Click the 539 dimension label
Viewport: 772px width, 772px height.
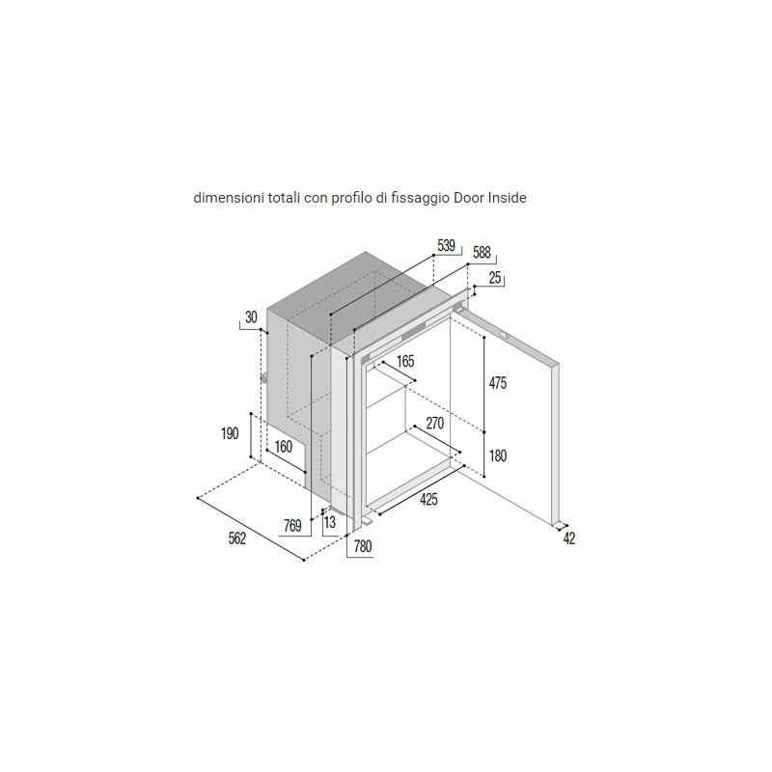(x=446, y=246)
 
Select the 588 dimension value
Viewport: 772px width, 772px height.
(x=482, y=253)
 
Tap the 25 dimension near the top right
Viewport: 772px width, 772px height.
(x=495, y=278)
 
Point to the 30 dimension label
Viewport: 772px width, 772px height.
(x=251, y=317)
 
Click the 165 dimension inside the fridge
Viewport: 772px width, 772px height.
(x=405, y=361)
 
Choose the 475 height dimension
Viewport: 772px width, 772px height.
(x=498, y=382)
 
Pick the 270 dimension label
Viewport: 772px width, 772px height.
(x=435, y=423)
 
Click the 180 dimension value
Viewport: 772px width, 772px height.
(x=498, y=455)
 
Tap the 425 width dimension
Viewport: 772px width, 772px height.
(x=428, y=499)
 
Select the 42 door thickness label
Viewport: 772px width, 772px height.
(x=569, y=538)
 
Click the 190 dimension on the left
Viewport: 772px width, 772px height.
(x=230, y=433)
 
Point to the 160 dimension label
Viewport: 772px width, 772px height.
(x=283, y=447)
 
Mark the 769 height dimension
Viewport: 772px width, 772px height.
(x=292, y=526)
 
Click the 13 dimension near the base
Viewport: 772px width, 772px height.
(x=330, y=522)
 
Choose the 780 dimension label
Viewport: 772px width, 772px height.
(x=363, y=546)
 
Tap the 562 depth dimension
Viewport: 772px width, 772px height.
(x=236, y=538)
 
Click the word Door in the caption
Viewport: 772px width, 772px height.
(x=469, y=198)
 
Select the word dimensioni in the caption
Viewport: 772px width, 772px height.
(x=229, y=198)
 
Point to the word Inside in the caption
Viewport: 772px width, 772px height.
(x=508, y=198)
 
